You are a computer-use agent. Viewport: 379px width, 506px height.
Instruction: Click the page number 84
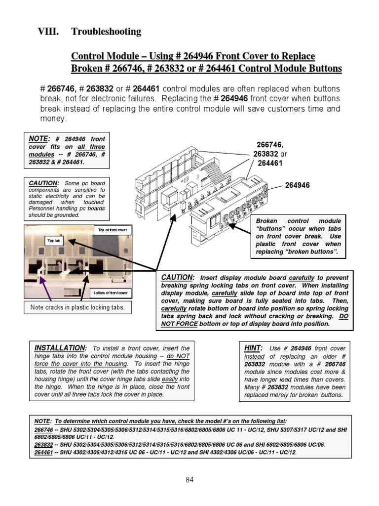pos(189,479)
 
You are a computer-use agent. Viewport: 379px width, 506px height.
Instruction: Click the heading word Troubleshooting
pos(106,32)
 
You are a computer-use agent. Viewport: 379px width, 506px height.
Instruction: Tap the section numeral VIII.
pos(48,32)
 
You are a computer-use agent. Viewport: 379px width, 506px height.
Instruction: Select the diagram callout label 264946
pos(298,185)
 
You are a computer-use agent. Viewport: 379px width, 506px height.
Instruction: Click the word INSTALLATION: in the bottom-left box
pos(60,348)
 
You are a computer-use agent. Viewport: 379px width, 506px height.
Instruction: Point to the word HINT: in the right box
pos(254,348)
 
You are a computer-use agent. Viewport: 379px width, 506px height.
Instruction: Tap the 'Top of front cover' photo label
pos(112,230)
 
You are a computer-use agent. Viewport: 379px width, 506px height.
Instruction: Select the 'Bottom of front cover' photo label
pos(111,293)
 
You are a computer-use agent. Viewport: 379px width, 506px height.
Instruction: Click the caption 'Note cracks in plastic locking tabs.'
pos(77,307)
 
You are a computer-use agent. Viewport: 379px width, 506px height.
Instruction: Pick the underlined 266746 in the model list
pos(43,430)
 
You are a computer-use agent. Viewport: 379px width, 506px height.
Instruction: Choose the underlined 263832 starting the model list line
pos(43,444)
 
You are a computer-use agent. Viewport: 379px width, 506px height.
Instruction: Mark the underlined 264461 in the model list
pos(43,452)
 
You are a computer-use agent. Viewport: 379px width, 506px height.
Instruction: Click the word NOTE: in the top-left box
pos(39,139)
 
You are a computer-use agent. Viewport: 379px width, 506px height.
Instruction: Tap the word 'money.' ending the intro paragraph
pos(53,119)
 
